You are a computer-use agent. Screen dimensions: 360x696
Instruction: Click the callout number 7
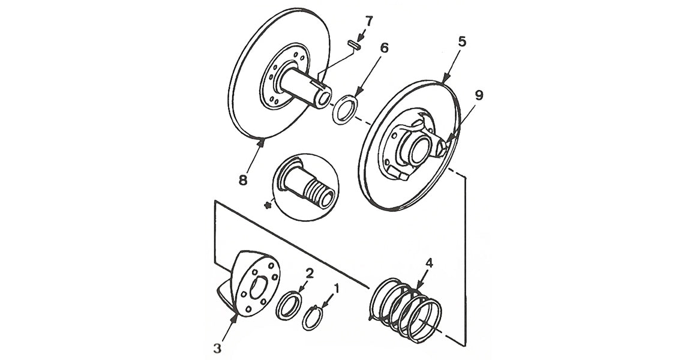(368, 22)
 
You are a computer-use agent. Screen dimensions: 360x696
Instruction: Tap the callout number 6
(384, 47)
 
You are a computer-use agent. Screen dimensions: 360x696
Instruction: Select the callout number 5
(461, 41)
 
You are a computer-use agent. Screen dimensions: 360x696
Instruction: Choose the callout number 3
(218, 347)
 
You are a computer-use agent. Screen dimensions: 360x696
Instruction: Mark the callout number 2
(310, 274)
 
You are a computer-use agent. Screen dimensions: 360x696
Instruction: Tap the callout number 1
(336, 289)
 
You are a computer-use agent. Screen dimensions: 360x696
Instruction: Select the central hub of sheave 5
(417, 145)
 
